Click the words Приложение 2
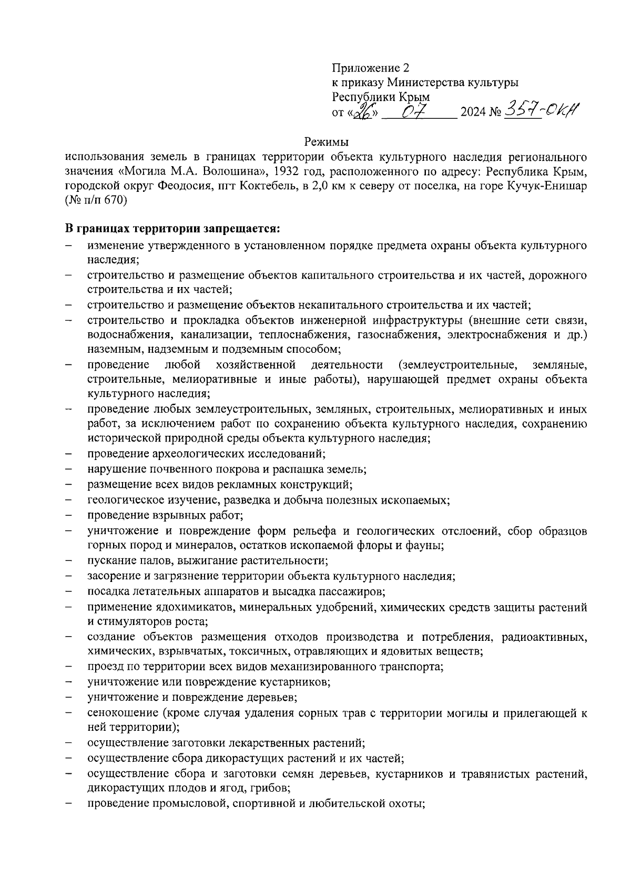point(370,68)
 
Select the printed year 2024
point(473,113)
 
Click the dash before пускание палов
point(69,561)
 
